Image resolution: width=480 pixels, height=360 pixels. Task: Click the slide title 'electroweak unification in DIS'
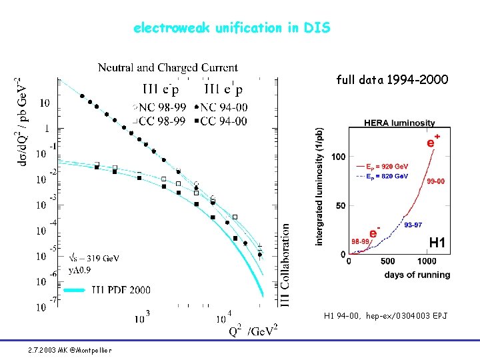[231, 28]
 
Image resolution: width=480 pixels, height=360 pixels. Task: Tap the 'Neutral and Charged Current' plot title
[168, 67]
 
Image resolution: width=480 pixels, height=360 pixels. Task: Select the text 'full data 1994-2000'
[392, 81]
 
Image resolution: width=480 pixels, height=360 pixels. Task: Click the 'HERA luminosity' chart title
[399, 123]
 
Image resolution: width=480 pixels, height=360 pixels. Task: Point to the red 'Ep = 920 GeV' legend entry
[385, 165]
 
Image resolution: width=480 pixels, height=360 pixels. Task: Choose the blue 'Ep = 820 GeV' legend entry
[385, 175]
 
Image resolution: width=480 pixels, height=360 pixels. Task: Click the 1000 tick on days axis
[427, 262]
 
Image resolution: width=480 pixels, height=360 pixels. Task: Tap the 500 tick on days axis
[387, 262]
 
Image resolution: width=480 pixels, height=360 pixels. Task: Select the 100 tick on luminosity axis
[339, 157]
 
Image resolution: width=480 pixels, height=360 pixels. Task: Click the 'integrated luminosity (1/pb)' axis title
[321, 187]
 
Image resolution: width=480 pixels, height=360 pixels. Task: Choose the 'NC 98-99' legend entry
[161, 108]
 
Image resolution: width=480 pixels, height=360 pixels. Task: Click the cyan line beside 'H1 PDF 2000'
[83, 289]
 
